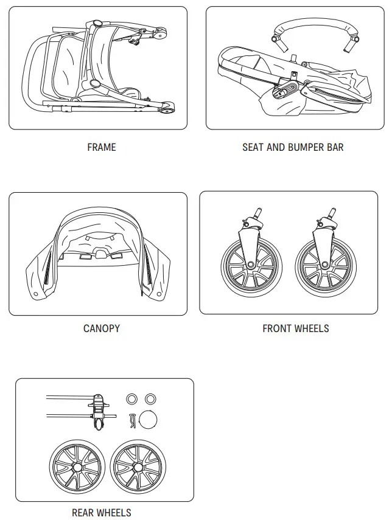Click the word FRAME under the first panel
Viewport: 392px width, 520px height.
coord(101,147)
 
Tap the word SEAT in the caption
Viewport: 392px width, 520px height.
coord(254,147)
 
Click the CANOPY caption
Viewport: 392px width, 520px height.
coord(101,328)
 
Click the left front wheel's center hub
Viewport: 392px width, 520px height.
coord(251,265)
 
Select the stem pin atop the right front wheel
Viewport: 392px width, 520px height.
coord(332,213)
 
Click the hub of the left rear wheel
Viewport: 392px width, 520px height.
coord(77,467)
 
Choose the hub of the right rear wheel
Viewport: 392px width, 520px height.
coord(138,467)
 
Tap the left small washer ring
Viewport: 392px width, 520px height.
coord(131,398)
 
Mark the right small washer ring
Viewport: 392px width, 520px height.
coord(150,398)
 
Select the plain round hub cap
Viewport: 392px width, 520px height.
coord(149,420)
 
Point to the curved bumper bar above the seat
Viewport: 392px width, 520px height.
coord(310,26)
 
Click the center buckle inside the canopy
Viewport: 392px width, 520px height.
coord(102,251)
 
